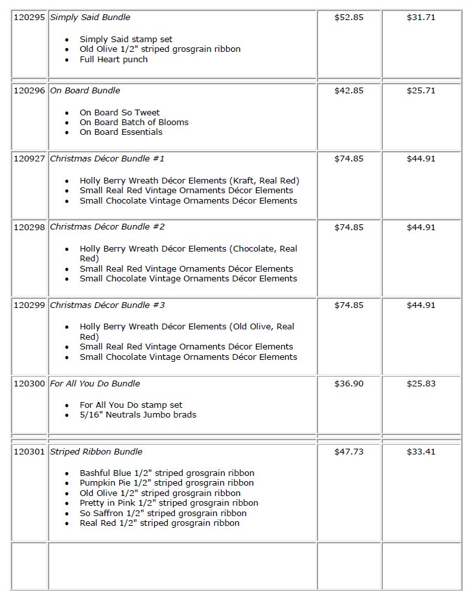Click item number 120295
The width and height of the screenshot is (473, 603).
coord(29,18)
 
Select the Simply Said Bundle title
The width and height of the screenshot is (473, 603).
coord(85,18)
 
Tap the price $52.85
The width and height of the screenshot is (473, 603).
coord(349,18)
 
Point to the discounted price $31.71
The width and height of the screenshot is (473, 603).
coord(421,18)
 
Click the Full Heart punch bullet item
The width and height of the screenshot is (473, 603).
coord(113,60)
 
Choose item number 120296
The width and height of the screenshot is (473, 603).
coord(29,91)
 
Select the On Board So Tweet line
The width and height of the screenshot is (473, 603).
coord(120,113)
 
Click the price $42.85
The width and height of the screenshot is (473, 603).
coord(349,91)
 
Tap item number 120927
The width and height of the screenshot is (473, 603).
coord(29,159)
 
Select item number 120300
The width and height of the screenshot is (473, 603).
coord(29,384)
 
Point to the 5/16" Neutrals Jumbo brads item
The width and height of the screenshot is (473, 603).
coord(138,415)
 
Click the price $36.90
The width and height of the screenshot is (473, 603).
coord(349,384)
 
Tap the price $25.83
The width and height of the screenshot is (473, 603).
coord(421,384)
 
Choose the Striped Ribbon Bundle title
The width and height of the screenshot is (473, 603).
coord(96,452)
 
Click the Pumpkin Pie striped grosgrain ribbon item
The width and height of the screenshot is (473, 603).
coord(167,483)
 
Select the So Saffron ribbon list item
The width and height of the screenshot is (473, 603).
coord(163,514)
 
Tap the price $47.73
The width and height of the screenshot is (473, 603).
coord(349,452)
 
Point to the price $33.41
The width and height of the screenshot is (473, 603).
coord(421,452)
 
